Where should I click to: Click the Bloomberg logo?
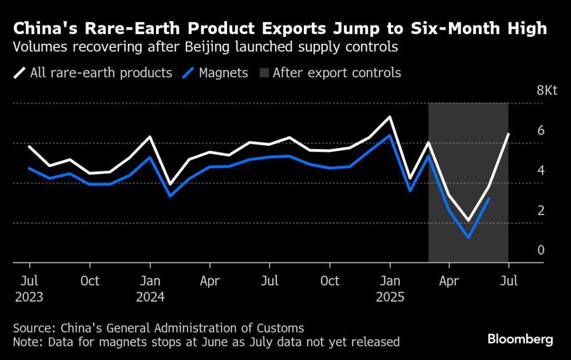click(520, 338)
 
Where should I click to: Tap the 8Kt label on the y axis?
click(546, 91)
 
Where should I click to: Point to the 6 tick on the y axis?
click(540, 130)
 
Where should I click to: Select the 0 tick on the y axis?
click(540, 250)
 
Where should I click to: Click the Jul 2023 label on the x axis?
click(29, 289)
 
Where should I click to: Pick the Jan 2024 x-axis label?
click(149, 289)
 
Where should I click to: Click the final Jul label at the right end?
click(509, 281)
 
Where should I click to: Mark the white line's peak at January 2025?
click(390, 117)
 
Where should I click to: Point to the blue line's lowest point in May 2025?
click(468, 237)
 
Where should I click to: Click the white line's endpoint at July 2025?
click(508, 134)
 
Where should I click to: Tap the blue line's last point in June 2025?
click(489, 198)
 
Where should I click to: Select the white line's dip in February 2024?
click(170, 184)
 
